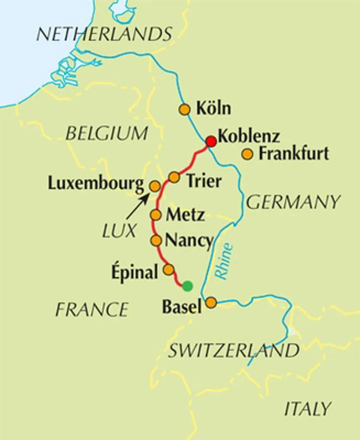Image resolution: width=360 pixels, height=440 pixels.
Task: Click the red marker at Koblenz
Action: [x=211, y=141]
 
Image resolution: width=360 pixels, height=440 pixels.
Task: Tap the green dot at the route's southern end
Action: [x=187, y=286]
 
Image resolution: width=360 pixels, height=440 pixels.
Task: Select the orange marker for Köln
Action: [x=184, y=109]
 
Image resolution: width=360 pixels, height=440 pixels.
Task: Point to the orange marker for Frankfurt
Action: [x=247, y=154]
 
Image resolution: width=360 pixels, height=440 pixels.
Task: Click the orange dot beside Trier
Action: [x=174, y=177]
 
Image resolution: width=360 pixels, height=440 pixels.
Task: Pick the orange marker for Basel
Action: [x=211, y=303]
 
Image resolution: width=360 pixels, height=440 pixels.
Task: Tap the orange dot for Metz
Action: [x=156, y=215]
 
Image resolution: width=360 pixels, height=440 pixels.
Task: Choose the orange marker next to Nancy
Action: [x=156, y=241]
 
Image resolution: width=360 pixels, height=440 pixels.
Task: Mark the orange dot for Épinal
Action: [x=168, y=269]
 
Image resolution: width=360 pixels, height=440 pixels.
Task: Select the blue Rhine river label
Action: [x=225, y=261]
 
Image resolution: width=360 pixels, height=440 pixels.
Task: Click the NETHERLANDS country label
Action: [x=104, y=34]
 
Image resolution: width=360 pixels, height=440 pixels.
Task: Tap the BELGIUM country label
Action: [x=106, y=133]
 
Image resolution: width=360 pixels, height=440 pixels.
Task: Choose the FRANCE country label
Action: [x=92, y=310]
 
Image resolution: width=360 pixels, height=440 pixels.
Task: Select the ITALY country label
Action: [x=308, y=409]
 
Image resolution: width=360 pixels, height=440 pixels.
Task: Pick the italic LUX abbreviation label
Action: [x=118, y=231]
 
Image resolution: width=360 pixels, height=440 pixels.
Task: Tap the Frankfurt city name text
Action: [x=294, y=154]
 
